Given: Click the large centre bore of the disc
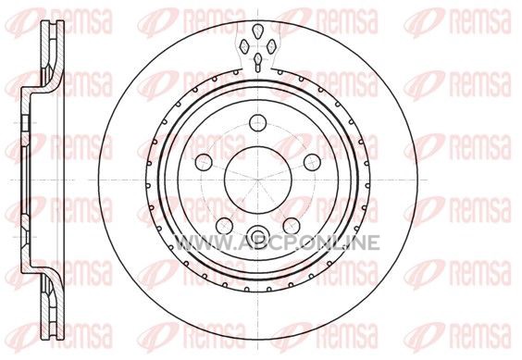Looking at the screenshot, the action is (258, 180).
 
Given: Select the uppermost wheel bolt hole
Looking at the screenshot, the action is (258, 122).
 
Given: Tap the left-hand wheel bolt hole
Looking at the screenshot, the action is (204, 162).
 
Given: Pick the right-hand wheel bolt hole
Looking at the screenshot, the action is (312, 162).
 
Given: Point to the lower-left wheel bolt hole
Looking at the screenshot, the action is (224, 226).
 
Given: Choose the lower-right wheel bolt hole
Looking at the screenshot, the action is (292, 226).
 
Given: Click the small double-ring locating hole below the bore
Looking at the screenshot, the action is (258, 234).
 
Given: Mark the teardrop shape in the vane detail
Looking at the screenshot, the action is (258, 31).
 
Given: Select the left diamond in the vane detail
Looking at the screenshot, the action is (245, 46).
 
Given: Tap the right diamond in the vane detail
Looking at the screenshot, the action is (272, 46).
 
